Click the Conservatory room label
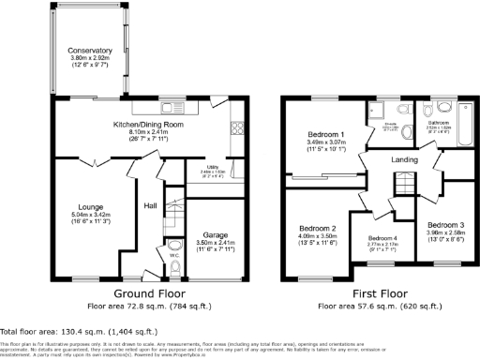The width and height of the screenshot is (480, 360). tap(90, 51)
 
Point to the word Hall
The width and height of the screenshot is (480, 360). tap(149, 206)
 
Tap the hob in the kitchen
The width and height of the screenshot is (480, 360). tap(237, 129)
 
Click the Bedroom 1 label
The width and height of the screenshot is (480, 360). tap(327, 136)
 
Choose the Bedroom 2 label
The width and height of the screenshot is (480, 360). tap(317, 228)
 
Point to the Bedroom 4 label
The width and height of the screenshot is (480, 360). tap(383, 239)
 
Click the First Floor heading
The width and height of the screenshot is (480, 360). tap(380, 293)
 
